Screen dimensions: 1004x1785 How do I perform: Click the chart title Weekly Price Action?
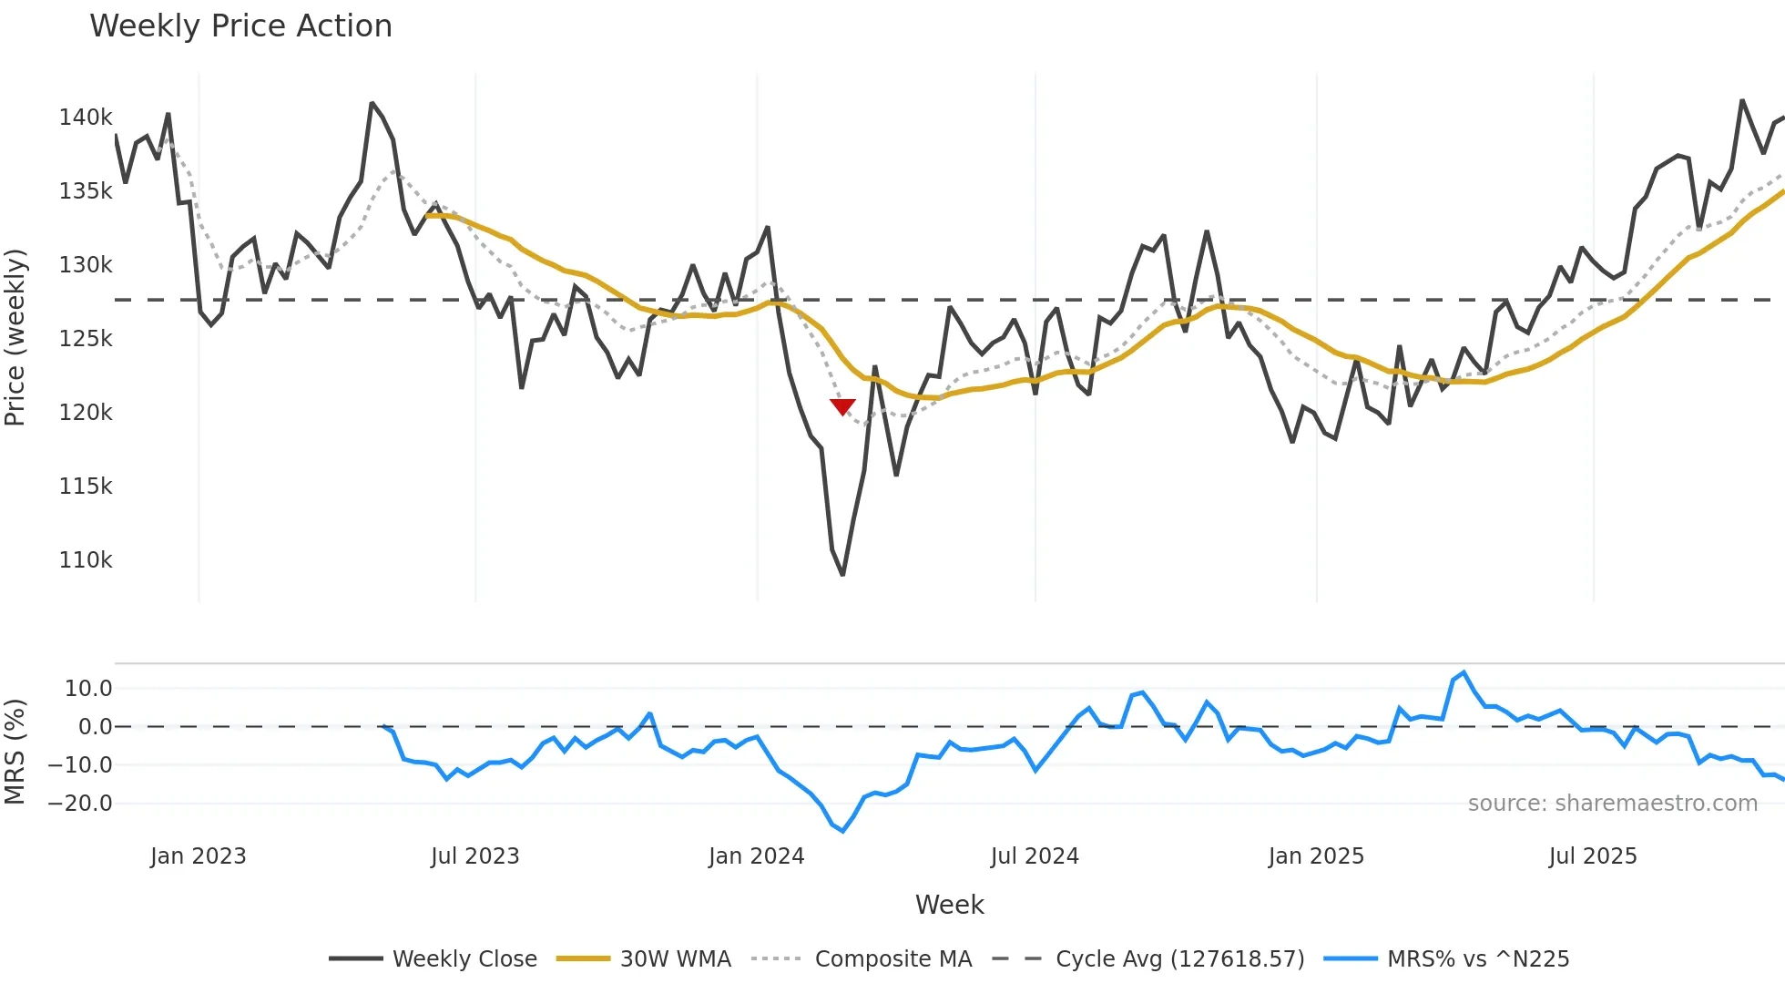[x=240, y=26]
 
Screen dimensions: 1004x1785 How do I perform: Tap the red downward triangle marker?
[x=842, y=406]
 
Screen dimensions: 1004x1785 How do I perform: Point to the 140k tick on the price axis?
[x=86, y=118]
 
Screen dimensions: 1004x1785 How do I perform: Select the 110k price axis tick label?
[x=86, y=560]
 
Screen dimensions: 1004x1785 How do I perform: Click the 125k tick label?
[x=86, y=339]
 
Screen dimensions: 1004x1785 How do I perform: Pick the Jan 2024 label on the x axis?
[x=756, y=856]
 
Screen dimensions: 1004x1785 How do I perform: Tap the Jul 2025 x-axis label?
[x=1592, y=856]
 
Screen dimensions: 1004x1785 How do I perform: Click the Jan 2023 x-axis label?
[x=198, y=856]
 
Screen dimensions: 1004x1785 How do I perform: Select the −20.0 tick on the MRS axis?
[x=80, y=804]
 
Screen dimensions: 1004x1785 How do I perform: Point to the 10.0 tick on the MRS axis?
[x=87, y=689]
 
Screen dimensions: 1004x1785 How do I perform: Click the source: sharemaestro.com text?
[x=1612, y=804]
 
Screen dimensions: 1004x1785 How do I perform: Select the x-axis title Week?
[x=949, y=905]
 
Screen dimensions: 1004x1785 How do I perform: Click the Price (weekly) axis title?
[x=15, y=337]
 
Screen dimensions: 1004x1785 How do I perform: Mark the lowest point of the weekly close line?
[x=842, y=575]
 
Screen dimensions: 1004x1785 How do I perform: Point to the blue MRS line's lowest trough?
[x=842, y=831]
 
